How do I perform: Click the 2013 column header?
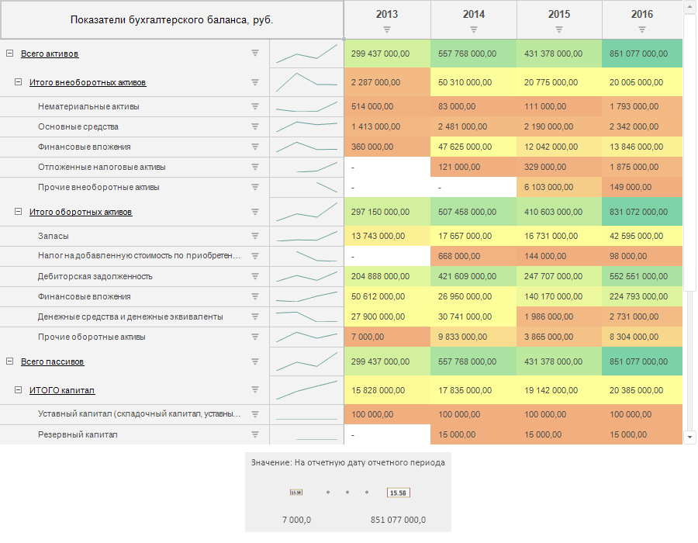coord(386,14)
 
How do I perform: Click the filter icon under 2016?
coord(642,29)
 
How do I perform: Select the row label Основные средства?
coord(78,126)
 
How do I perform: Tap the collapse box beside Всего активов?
coord(9,54)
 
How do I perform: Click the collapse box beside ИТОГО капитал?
coord(18,390)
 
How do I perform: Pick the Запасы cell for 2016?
coord(641,236)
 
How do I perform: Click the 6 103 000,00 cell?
coord(558,187)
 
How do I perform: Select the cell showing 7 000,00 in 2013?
coord(386,337)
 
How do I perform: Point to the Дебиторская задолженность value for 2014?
coord(473,276)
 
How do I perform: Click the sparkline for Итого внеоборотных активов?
coord(306,81)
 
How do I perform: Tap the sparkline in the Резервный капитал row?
coord(306,434)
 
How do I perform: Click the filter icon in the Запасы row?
coord(254,236)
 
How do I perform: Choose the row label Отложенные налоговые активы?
coord(102,167)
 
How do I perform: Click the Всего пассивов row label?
coord(53,361)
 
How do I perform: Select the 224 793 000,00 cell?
coord(641,296)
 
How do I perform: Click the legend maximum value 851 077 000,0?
coord(398,520)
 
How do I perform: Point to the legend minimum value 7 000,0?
coord(296,520)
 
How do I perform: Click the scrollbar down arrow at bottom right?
coord(690,438)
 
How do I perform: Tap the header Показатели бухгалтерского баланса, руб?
coord(171,20)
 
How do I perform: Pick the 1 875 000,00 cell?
coord(641,167)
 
